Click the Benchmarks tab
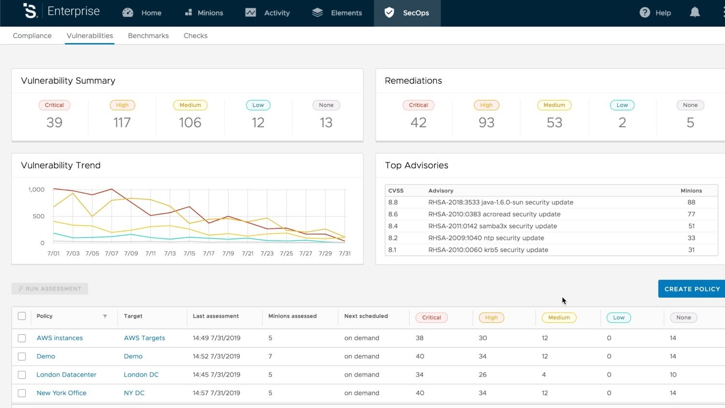point(148,36)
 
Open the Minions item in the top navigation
point(204,13)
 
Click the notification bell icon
point(695,13)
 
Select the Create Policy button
point(692,289)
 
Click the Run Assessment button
point(50,289)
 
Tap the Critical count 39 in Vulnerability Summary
point(54,123)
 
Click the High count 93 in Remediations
point(486,123)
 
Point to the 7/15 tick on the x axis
point(189,253)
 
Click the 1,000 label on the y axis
point(36,189)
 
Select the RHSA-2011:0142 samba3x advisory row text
point(492,226)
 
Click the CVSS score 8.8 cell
point(393,203)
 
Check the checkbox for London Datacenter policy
point(22,375)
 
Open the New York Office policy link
point(61,393)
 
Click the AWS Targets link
point(144,338)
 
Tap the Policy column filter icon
point(105,316)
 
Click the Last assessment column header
point(216,316)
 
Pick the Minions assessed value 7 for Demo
point(270,356)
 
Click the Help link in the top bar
point(655,13)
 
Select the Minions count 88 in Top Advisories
point(691,203)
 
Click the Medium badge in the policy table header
point(559,318)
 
